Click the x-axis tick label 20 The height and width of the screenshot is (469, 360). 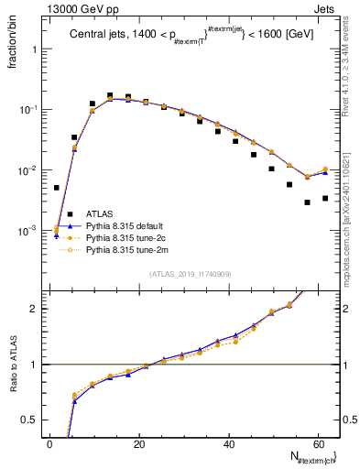[139, 443]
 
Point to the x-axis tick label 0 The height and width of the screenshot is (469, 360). [50, 443]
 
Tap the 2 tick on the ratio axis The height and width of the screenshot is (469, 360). [38, 309]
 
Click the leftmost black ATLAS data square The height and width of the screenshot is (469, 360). [56, 188]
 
